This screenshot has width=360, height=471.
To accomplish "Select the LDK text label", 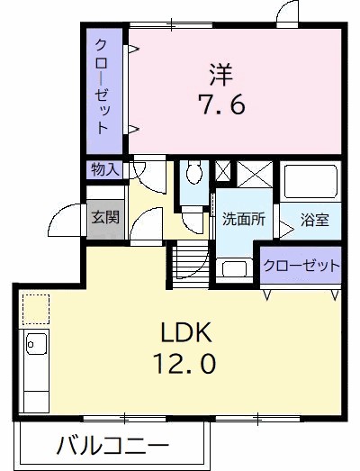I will [x=186, y=334].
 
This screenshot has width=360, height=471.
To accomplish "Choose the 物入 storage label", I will [x=103, y=168].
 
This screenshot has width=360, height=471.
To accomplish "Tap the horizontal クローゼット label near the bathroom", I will [x=301, y=265].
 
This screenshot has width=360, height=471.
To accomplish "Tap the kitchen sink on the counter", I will [x=37, y=344].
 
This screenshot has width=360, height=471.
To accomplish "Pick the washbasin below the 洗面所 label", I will [x=235, y=267].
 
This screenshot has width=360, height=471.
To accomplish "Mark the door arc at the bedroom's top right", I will [x=286, y=13].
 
